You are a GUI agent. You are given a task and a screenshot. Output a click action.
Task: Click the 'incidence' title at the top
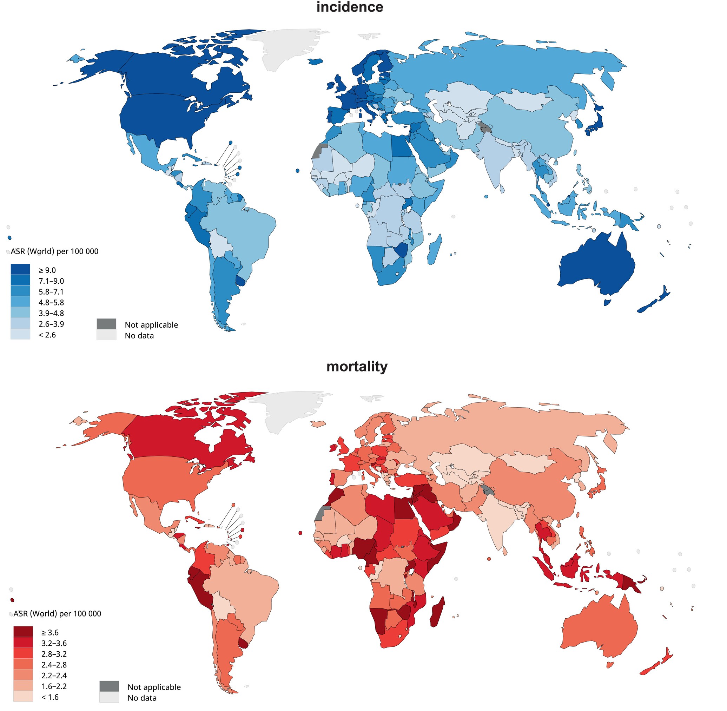point(350,7)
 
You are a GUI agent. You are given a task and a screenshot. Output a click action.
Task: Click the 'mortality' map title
point(357,366)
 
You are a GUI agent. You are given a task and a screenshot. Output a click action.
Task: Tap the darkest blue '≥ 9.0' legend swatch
point(20,270)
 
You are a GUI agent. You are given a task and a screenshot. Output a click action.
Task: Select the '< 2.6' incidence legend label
point(47,335)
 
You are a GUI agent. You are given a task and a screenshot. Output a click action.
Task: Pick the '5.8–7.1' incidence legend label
point(51,292)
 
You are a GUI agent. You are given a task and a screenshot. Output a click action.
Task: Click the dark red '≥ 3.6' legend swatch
point(23,632)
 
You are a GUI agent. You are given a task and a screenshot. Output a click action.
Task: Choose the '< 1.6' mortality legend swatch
point(23,697)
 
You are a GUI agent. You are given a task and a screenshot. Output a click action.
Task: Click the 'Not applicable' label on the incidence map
point(151,325)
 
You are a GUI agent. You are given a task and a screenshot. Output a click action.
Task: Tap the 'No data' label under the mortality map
point(142,698)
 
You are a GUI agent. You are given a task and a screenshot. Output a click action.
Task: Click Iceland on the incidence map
point(316,61)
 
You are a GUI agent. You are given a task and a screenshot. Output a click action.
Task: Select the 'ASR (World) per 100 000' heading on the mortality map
point(57,613)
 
